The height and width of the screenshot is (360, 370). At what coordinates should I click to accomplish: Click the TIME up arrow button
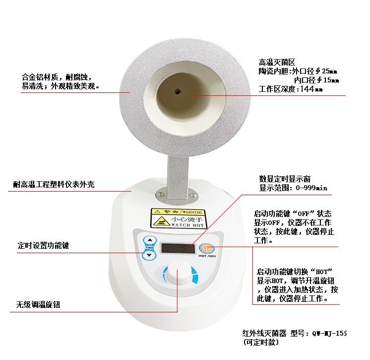tap(150, 240)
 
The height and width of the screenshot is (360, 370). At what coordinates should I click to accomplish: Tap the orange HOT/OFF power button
tap(206, 248)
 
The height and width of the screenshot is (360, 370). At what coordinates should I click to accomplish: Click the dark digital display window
tap(178, 248)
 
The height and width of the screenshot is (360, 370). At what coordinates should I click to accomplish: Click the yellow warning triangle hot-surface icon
tap(161, 221)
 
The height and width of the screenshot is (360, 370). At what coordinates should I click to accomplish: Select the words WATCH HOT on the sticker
tap(187, 225)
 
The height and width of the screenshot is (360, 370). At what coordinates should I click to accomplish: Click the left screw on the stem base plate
tap(161, 194)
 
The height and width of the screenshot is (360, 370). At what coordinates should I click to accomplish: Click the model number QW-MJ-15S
tap(329, 333)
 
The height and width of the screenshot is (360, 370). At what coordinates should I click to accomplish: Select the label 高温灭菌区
tap(277, 63)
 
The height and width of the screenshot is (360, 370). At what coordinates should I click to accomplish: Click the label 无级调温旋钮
tap(38, 305)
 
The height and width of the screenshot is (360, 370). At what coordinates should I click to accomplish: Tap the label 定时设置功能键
tap(44, 245)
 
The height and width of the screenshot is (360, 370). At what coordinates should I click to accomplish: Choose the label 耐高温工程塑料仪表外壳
tap(54, 184)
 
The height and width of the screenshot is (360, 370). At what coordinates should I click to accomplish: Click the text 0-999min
tap(311, 188)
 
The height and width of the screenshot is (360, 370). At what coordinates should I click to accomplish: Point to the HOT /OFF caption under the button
tap(207, 256)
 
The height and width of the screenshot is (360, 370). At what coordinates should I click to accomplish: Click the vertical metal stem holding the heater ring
tap(179, 175)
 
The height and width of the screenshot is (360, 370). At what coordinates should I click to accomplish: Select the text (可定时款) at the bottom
tap(261, 342)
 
